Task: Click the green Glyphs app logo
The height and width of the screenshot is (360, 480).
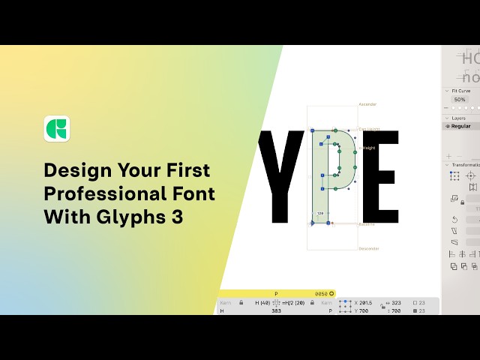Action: point(57,128)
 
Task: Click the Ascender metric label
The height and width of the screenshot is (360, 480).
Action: point(367,104)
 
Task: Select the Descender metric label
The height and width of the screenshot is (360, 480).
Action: point(369,248)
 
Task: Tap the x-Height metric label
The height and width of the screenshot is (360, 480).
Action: point(368,148)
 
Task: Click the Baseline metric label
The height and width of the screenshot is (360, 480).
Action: point(367,223)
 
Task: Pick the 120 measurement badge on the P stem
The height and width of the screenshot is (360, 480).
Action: point(319,214)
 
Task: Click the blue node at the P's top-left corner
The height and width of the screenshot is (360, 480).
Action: point(313,130)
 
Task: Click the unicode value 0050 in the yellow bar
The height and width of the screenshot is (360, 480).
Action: point(321,293)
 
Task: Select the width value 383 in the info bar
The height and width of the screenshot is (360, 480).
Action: point(276,310)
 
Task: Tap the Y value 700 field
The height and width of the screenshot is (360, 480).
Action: point(363,310)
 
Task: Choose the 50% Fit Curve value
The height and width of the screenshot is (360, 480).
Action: point(459,99)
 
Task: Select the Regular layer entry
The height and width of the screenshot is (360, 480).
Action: point(460,126)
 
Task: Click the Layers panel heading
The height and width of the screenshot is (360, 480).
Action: point(458,118)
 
